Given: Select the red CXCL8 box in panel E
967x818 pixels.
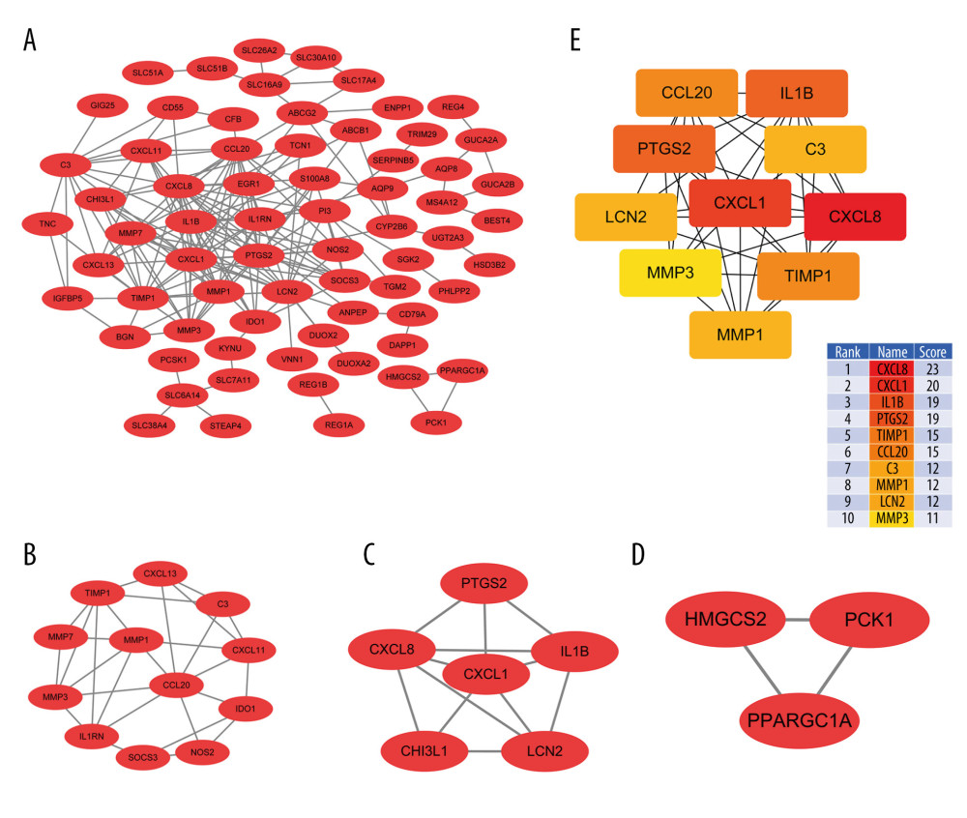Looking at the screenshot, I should (x=855, y=217).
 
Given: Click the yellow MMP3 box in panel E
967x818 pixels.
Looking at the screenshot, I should (x=670, y=273).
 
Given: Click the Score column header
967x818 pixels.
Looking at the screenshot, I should (x=934, y=351).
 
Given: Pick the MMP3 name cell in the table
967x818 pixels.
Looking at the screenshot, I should (x=890, y=518).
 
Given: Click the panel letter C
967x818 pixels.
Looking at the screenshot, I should (x=368, y=554).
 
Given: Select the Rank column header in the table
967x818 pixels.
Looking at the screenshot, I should (x=850, y=351).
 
